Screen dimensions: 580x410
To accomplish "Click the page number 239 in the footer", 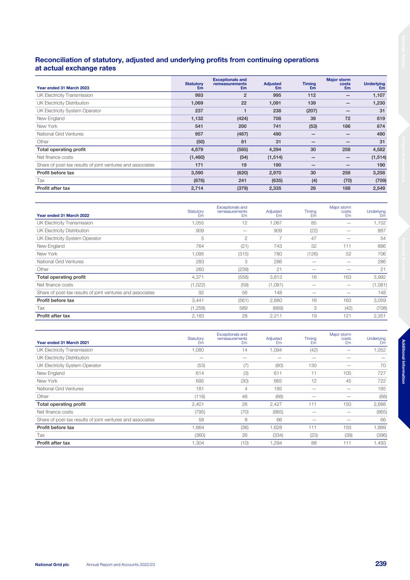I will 381,564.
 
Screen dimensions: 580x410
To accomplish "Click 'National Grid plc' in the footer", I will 52,564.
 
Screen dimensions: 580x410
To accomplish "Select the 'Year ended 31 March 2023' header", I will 63,88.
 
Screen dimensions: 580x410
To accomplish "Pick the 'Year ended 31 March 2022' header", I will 63,215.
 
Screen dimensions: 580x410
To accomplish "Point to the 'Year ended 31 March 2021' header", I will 63,342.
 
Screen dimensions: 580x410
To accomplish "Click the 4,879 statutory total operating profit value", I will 196,150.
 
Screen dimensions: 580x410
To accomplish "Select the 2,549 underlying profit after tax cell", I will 378,188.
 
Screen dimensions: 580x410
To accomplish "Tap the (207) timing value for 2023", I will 311,111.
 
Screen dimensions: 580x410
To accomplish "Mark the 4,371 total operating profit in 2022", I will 197,277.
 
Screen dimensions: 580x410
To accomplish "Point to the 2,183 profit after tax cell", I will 197,316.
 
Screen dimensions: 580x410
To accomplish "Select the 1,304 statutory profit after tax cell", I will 197,443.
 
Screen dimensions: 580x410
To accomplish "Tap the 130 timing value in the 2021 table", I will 312,365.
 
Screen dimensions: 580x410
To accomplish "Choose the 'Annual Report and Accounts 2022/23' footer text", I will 120,564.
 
